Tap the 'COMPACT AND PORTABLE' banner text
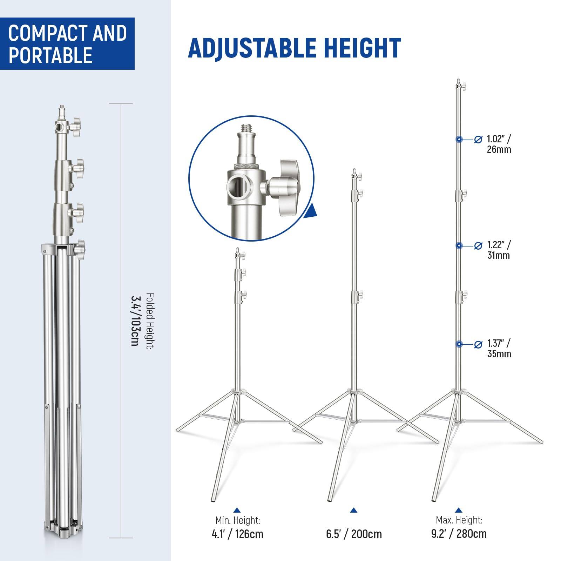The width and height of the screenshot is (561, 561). coord(67,44)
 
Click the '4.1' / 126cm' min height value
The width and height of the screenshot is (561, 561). coord(237,534)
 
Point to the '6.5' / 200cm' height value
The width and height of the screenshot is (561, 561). coord(353,534)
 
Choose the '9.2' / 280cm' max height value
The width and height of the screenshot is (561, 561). coord(459,534)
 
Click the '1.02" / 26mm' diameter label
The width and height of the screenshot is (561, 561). coord(499,144)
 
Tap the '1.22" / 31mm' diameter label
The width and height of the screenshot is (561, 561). coord(499,250)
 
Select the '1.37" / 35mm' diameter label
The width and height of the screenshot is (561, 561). coord(499,348)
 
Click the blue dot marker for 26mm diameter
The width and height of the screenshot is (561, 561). coord(459,140)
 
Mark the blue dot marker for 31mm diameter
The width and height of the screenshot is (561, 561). coord(459,246)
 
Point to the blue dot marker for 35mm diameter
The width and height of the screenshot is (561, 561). coord(459,344)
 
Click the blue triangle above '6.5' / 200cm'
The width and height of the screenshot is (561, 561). coord(353,510)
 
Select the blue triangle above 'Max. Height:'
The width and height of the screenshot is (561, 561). coord(459,510)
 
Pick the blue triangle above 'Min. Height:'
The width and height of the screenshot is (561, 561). coord(237,510)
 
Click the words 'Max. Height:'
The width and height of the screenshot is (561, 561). coord(459,520)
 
